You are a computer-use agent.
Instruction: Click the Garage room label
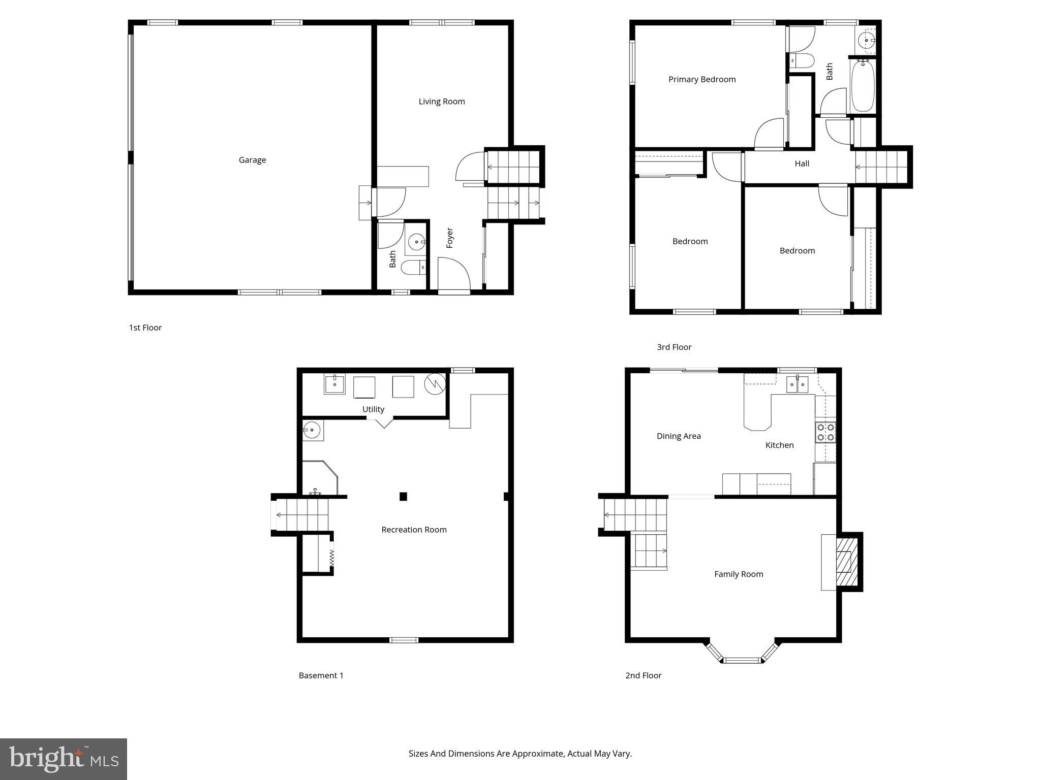tap(252, 160)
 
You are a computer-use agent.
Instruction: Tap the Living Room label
tap(442, 102)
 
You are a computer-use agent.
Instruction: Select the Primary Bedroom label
tap(702, 79)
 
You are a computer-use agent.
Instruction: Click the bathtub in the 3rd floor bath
tap(863, 86)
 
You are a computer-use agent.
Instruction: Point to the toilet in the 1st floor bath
tap(413, 267)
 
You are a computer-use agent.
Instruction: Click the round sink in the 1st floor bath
tap(416, 242)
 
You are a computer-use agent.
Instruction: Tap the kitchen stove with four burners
tap(825, 432)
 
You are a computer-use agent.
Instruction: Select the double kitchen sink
tap(797, 385)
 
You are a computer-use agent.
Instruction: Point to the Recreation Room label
tap(414, 530)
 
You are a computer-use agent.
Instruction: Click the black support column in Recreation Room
tap(403, 497)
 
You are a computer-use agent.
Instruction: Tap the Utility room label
tap(373, 409)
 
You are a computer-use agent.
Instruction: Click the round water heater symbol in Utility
tap(435, 384)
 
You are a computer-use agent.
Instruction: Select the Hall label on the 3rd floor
tap(802, 164)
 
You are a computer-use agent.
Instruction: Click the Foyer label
tap(450, 238)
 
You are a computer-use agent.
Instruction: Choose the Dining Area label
tap(679, 436)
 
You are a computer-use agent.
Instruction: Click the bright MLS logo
tap(64, 759)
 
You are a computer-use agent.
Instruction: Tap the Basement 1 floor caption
tap(321, 675)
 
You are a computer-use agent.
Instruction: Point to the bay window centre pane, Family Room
tap(742, 660)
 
